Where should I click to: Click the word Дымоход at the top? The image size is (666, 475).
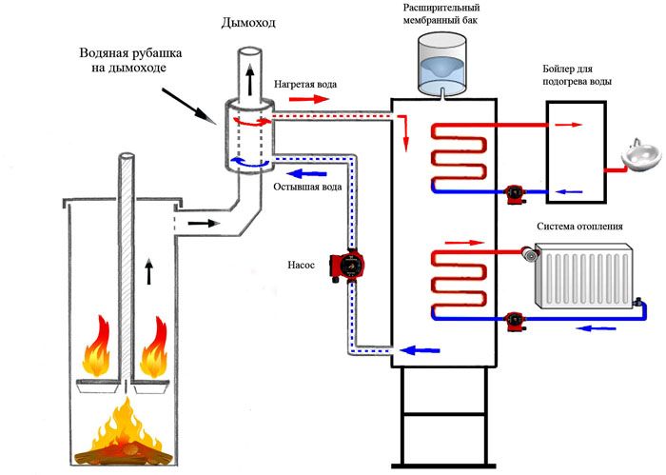250,22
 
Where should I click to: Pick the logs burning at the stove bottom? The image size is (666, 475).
123,446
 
